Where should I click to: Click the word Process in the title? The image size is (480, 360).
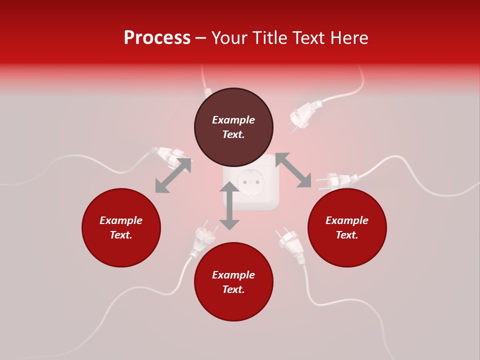pyautogui.click(x=157, y=38)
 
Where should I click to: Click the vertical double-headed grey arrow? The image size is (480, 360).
pyautogui.click(x=229, y=205)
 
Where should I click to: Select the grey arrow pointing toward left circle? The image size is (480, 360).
pyautogui.click(x=173, y=175)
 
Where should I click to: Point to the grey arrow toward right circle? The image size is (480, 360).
pyautogui.click(x=293, y=170)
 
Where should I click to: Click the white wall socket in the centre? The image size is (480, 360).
pyautogui.click(x=251, y=182)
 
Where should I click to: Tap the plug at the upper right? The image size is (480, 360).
pyautogui.click(x=304, y=113)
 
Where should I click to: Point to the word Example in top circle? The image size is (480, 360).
pyautogui.click(x=233, y=120)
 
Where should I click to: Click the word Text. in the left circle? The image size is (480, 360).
pyautogui.click(x=121, y=235)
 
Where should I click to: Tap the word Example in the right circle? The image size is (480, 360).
pyautogui.click(x=347, y=220)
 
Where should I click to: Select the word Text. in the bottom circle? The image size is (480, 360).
pyautogui.click(x=233, y=289)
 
